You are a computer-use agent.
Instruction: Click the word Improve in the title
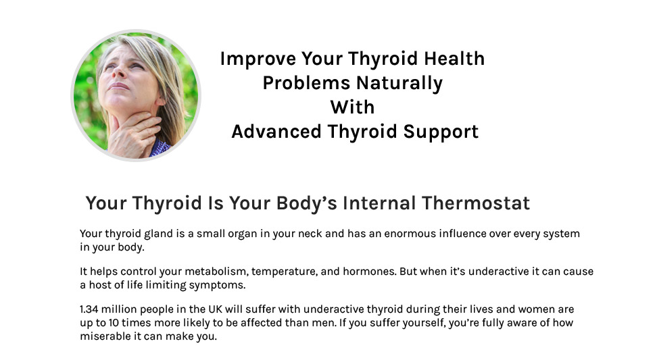click(x=258, y=59)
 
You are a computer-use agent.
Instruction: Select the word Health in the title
click(x=454, y=58)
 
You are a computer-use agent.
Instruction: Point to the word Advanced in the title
click(x=276, y=132)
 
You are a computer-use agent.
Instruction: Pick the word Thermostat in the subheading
click(x=476, y=203)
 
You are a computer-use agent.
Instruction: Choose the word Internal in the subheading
click(x=379, y=203)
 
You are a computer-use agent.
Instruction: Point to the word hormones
click(x=369, y=272)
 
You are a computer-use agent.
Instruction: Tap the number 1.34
click(x=89, y=309)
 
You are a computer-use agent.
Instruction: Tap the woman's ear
click(x=160, y=100)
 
